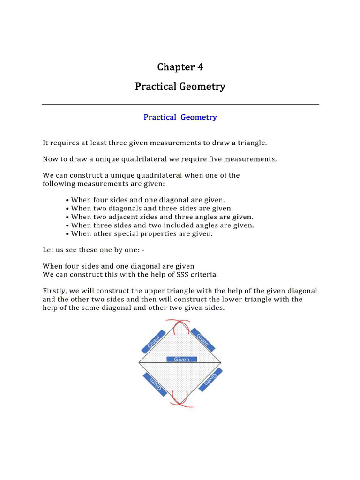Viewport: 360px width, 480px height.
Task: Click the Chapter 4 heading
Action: pos(180,67)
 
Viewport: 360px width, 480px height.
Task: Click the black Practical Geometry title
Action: pos(180,87)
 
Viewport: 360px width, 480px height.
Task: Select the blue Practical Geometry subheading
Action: pos(180,117)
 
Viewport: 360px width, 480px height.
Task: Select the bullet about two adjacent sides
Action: pos(159,217)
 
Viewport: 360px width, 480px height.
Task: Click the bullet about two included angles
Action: pos(160,225)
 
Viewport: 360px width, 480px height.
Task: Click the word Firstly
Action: pos(55,291)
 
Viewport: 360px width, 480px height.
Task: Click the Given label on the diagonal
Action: pos(182,360)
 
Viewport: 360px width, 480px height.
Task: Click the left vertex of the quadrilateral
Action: pos(139,363)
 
